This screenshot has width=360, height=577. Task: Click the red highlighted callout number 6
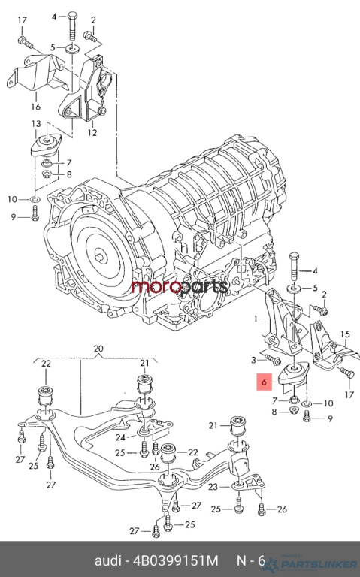click(265, 382)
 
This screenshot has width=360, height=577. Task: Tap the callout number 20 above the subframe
click(98, 348)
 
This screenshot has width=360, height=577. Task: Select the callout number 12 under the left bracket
click(92, 132)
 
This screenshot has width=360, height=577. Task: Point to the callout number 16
click(36, 107)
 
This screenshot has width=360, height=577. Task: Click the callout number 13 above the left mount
click(36, 124)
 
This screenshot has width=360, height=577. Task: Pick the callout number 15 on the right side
click(345, 334)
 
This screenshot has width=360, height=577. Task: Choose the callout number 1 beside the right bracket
click(256, 319)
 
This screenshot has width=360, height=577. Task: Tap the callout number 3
click(253, 360)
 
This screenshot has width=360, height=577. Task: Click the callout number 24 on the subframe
click(121, 437)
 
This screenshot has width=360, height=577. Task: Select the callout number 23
click(213, 487)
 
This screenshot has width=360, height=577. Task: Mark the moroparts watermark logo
click(180, 287)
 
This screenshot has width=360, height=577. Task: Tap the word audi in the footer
click(108, 560)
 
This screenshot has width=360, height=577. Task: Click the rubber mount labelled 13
click(46, 144)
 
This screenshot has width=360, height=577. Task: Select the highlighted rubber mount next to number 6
click(293, 373)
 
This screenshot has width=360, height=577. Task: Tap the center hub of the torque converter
click(101, 255)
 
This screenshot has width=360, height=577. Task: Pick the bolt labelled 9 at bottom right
click(307, 415)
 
